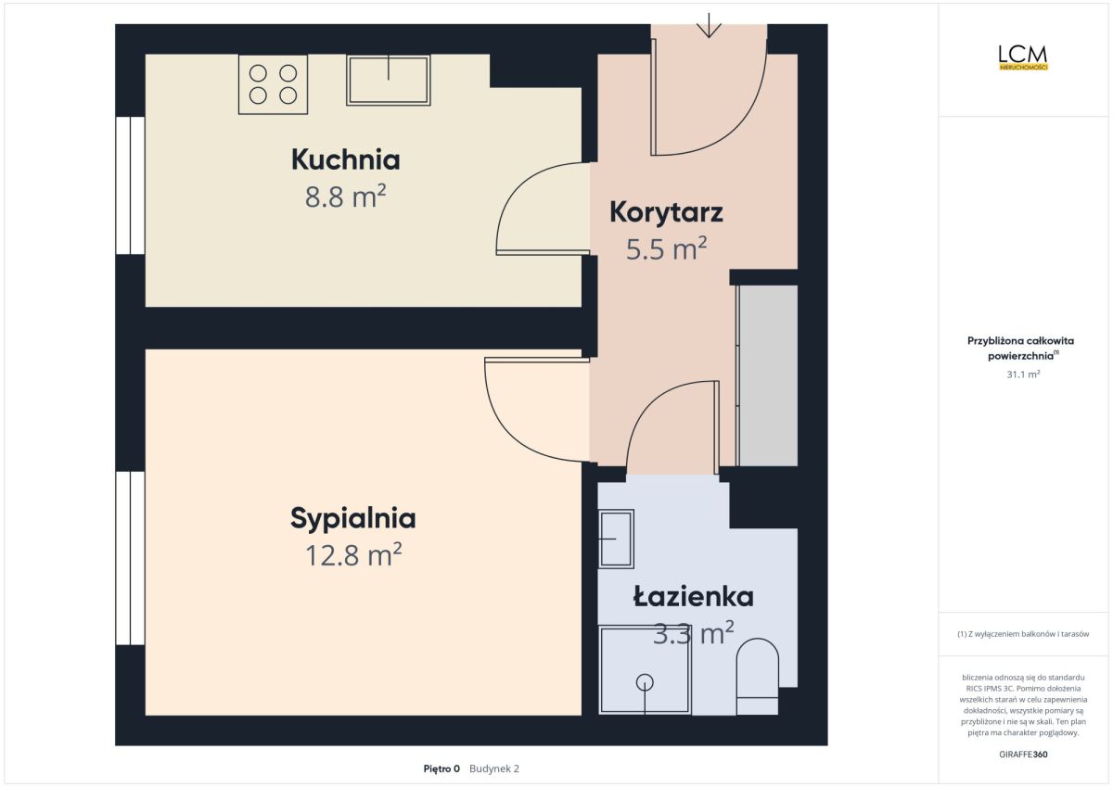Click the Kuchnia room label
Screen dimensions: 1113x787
click(345, 159)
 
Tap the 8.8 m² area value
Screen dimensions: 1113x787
click(345, 196)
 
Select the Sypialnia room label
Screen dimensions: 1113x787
click(352, 519)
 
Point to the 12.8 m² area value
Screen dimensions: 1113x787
click(353, 554)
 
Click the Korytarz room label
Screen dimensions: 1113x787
click(666, 213)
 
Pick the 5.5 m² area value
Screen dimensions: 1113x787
click(666, 248)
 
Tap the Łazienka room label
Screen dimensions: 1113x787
click(693, 596)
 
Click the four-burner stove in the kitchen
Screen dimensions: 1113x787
click(273, 84)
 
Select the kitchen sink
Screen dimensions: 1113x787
click(388, 80)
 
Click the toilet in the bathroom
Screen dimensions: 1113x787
click(757, 677)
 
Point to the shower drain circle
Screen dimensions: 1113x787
click(645, 682)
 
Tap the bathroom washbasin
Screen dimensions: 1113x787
click(616, 539)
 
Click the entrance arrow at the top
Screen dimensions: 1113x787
click(709, 25)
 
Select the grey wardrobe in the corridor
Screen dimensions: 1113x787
click(767, 375)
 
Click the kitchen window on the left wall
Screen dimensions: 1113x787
click(130, 185)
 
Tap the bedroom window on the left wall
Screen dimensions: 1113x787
click(130, 558)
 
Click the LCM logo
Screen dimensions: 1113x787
click(1023, 57)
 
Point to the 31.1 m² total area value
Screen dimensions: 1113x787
click(1023, 374)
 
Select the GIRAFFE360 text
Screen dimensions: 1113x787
click(1023, 755)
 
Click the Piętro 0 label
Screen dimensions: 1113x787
click(441, 768)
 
